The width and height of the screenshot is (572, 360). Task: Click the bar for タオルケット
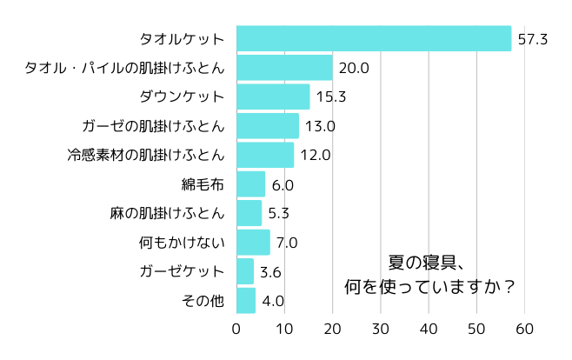[374, 39]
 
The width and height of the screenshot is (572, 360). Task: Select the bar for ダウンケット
[273, 97]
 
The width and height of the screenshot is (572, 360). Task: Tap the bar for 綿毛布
[250, 184]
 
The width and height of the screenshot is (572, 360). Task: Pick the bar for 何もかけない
[253, 243]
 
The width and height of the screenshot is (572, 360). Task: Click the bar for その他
[246, 301]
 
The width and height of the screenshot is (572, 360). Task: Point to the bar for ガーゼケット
[245, 271]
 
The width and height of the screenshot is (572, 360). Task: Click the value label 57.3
[532, 39]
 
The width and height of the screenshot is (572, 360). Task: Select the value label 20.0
[354, 68]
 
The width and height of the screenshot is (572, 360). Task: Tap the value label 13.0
[320, 126]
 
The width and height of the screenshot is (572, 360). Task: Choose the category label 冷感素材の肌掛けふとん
[146, 156]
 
